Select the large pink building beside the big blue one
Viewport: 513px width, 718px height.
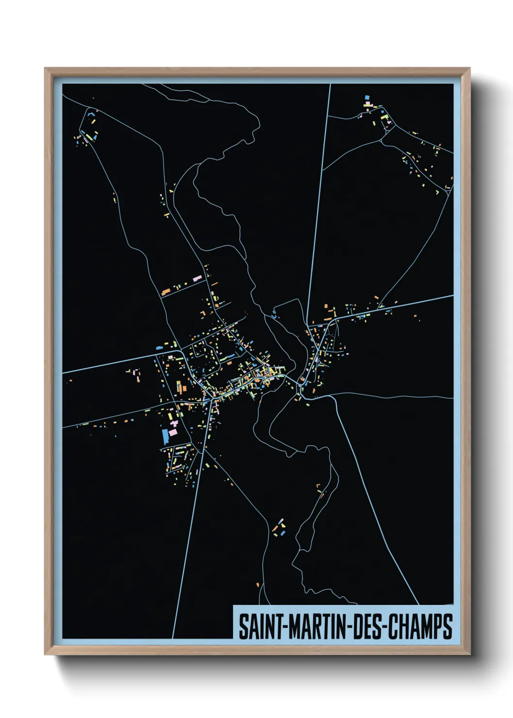point(173,431)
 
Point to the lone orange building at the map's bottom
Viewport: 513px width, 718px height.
point(257,584)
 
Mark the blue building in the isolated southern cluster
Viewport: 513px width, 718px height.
point(283,533)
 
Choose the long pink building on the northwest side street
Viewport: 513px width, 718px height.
point(197,278)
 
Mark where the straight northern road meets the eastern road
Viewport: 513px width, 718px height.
point(307,325)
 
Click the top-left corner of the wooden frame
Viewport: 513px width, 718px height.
point(45,68)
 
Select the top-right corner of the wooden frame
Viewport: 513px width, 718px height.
point(470,68)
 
